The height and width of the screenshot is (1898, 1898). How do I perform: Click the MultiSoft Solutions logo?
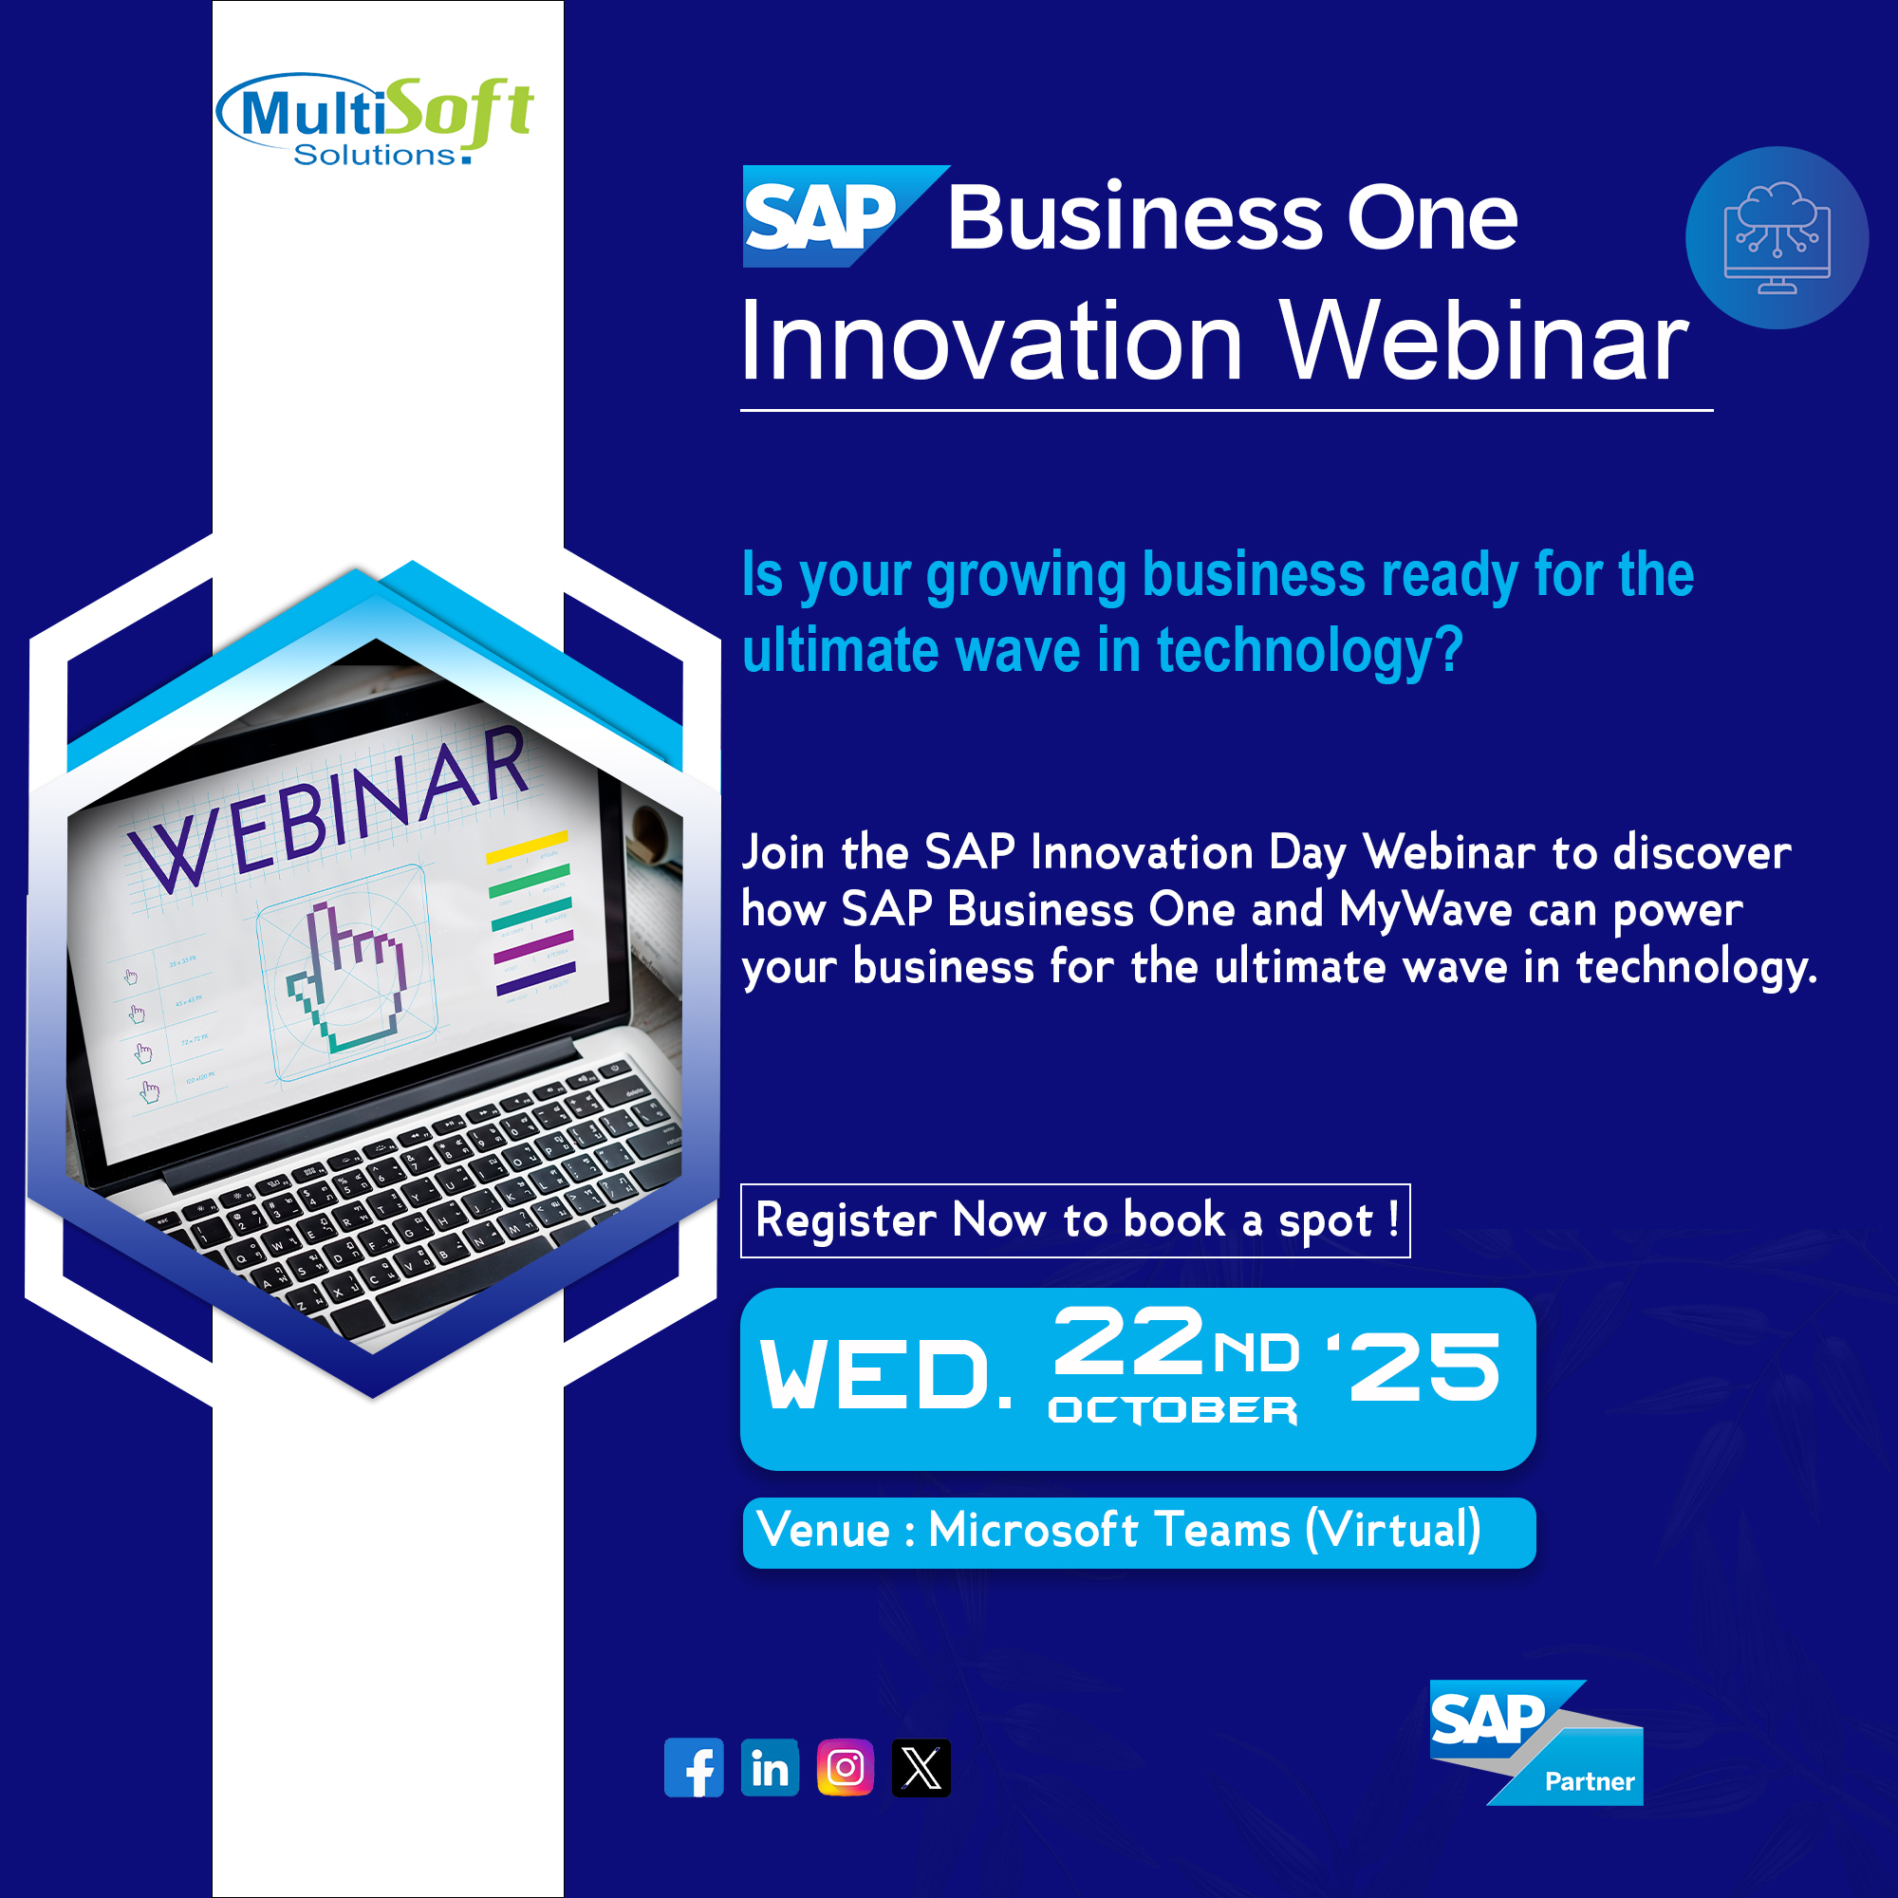(374, 119)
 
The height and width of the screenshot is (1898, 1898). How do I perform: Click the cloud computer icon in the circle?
(1777, 238)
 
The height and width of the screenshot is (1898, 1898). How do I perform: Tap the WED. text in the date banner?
(886, 1373)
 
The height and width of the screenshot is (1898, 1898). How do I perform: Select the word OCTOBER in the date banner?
(1173, 1410)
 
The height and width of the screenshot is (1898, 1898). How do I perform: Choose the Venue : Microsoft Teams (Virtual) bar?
(1139, 1533)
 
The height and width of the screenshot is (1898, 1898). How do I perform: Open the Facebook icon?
(694, 1767)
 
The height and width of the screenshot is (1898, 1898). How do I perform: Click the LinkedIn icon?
(770, 1767)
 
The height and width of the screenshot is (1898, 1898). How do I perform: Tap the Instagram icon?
(845, 1767)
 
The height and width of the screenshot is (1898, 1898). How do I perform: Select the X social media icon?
(921, 1767)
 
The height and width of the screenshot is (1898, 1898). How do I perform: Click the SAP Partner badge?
(1535, 1742)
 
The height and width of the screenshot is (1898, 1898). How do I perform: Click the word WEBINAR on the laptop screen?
(329, 809)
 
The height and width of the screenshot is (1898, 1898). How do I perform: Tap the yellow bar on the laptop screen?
(528, 847)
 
